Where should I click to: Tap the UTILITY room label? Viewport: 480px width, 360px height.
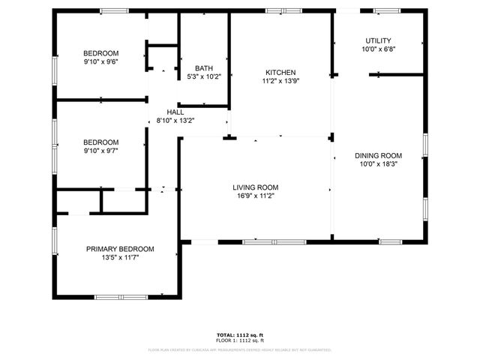coord(378,40)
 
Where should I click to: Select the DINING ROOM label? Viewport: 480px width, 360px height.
coord(379,155)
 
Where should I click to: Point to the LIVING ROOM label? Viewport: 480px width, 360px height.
coord(256,187)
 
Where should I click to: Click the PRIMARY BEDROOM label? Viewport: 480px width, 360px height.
coord(120,249)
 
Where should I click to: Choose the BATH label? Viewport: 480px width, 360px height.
coord(204,68)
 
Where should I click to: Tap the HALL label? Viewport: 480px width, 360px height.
coord(175,112)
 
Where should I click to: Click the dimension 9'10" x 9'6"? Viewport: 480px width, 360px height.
coord(101,61)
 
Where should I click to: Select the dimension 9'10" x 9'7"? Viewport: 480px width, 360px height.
coord(101,150)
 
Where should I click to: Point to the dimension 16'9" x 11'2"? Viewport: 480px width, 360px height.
coord(256,196)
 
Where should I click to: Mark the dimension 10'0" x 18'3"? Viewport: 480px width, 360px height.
coord(379,163)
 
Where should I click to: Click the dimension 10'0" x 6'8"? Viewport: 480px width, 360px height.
coord(378,49)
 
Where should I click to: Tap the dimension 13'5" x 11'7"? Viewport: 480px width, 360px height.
coord(120,257)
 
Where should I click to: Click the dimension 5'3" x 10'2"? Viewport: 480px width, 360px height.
coord(204,76)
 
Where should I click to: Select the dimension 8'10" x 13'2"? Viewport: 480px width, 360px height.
coord(175,120)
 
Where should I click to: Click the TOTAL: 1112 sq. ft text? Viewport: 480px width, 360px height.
coord(240,335)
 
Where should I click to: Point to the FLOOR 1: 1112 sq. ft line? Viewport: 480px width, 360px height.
coord(240,340)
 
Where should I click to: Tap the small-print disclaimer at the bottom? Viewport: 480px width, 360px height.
coord(240,349)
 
